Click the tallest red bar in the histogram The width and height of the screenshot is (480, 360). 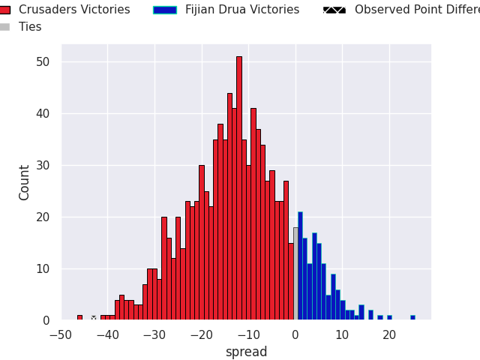click(239, 187)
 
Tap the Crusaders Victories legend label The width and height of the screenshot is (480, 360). click(74, 10)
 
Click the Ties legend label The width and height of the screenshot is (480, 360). click(30, 27)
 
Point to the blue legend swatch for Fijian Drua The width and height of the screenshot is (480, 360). click(164, 10)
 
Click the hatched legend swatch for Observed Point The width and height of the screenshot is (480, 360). click(334, 10)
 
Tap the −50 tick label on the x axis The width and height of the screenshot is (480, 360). click(60, 335)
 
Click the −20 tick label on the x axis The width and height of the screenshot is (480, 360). click(201, 335)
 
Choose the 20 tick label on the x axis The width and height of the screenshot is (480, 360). click(389, 335)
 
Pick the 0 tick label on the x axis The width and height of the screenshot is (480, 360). click(295, 335)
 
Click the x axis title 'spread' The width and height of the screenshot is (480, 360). click(246, 352)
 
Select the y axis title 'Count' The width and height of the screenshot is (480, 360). click(25, 182)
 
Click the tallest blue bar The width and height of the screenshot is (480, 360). click(300, 266)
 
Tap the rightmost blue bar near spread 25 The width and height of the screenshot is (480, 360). click(412, 317)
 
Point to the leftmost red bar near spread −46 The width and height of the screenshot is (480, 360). click(79, 317)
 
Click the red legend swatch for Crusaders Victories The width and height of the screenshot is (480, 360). click(4, 10)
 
